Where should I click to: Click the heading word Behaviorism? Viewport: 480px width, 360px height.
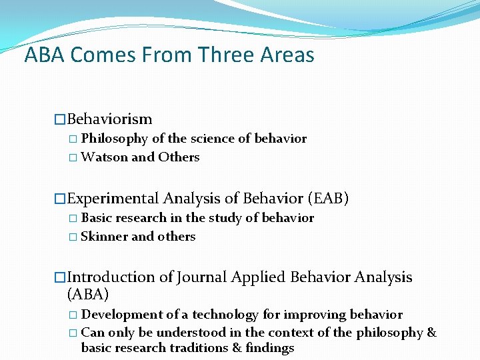(x=109, y=119)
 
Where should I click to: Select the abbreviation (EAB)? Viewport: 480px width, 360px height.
(x=328, y=199)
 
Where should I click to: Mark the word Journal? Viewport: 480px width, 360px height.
(x=201, y=277)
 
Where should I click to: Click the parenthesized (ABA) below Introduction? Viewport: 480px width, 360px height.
(x=88, y=294)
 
